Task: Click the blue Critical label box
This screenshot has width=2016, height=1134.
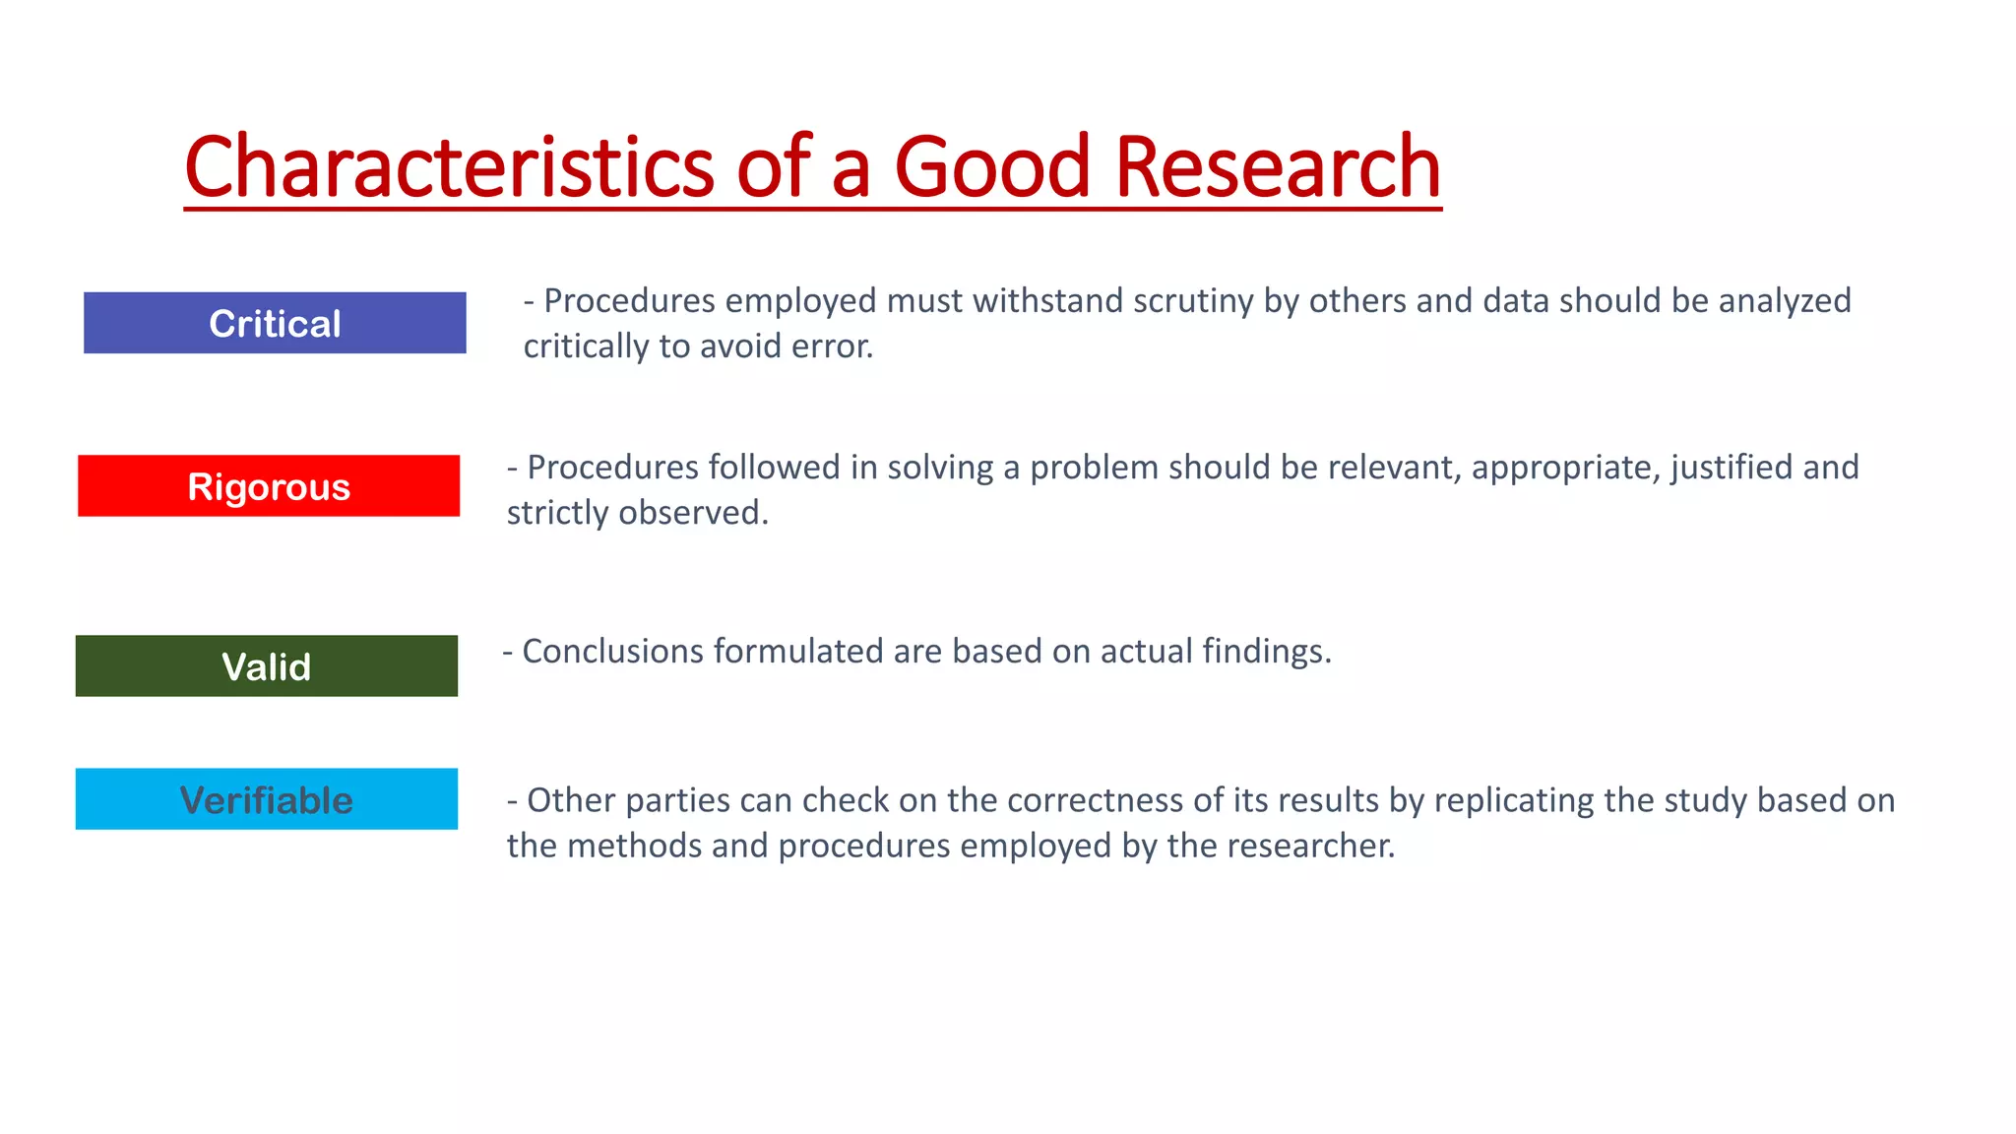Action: (275, 323)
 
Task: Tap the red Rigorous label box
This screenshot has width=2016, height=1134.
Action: (269, 486)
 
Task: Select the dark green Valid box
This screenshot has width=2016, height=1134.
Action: (266, 666)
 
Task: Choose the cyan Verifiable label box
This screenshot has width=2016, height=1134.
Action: (266, 799)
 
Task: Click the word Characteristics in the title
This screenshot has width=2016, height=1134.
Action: (449, 167)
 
